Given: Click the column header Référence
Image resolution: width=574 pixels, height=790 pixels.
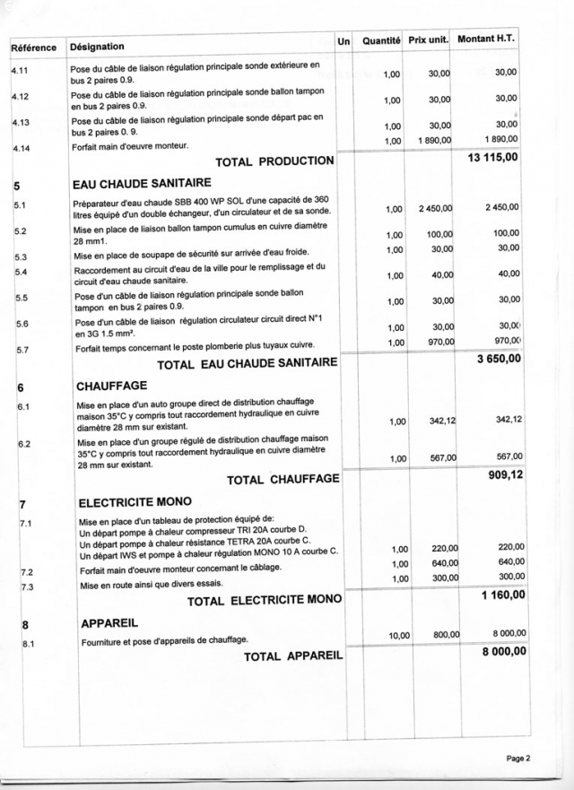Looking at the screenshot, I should pos(33,48).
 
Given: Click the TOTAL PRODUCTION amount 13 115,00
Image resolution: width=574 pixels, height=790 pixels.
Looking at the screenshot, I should pos(492,159).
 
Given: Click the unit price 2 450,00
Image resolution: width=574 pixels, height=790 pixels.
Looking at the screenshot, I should pos(435,208).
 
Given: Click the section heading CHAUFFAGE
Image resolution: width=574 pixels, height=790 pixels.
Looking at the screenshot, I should pos(112,386).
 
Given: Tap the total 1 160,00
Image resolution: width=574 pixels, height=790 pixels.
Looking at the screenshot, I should pos(501,595).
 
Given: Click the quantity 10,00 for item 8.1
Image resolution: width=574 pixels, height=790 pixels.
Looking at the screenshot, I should pos(398,636).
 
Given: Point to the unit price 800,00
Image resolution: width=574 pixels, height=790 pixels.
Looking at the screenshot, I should pos(446,635).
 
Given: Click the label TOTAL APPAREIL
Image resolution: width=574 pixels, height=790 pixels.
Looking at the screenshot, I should pos(293,656).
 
